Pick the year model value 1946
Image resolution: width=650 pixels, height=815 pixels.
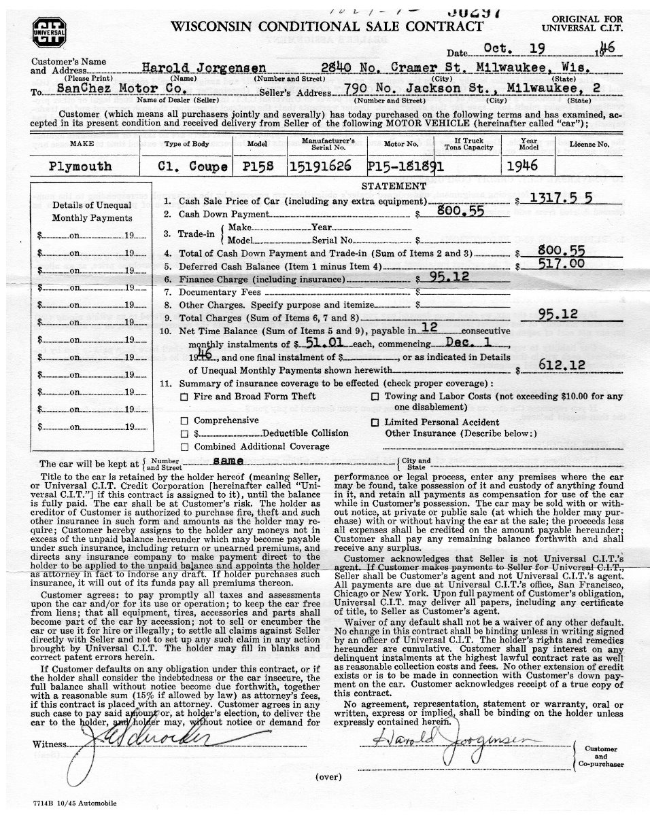coord(522,166)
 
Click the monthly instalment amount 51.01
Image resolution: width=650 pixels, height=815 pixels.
coord(324,344)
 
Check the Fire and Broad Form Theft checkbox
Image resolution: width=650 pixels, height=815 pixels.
coord(184,397)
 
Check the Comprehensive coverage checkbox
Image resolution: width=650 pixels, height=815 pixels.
coord(184,421)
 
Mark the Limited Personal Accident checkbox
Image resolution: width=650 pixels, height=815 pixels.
coord(375,422)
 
